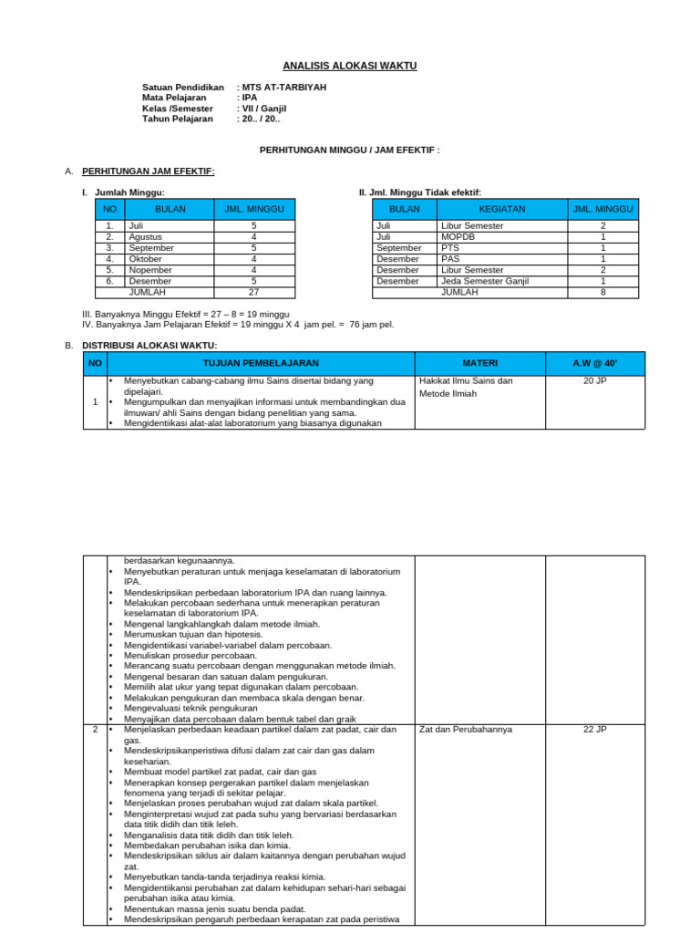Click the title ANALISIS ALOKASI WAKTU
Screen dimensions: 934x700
tap(350, 67)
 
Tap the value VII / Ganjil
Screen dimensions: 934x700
tap(263, 108)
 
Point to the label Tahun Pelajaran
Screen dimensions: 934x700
tap(178, 119)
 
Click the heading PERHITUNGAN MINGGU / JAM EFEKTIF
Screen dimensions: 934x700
tap(350, 150)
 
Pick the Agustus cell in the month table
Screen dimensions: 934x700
tap(146, 236)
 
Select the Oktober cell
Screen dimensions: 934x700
tap(146, 259)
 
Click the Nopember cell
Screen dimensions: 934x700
tap(149, 270)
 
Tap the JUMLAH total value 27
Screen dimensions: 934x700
tap(254, 293)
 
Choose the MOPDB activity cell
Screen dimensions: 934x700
tap(458, 236)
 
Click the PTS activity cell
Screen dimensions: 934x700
tap(450, 247)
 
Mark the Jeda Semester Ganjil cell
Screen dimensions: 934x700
tap(483, 281)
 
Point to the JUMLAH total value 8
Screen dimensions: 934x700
tap(602, 293)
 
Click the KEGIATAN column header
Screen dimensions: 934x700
tap(501, 209)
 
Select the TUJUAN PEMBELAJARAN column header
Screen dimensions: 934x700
tap(261, 363)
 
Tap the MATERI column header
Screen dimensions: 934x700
tap(479, 363)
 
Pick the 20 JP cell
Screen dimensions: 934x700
tap(594, 381)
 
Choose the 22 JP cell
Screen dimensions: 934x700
tap(594, 730)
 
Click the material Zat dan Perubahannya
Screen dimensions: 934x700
tap(466, 730)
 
